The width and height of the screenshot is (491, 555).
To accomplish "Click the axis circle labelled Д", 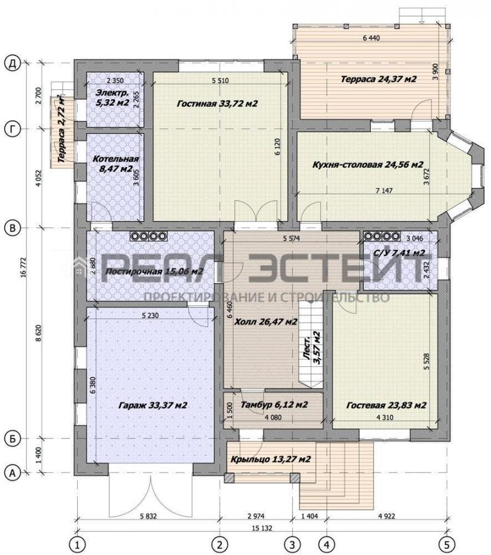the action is (12, 64).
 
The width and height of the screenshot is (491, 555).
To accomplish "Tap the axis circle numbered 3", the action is (292, 544).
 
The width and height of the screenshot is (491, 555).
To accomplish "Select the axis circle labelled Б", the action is (12, 439).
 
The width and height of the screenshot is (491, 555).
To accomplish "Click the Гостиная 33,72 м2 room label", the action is (217, 104).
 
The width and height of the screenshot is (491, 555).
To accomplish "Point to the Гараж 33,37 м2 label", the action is (152, 405).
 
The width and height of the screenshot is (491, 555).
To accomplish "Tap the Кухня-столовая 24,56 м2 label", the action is (368, 165).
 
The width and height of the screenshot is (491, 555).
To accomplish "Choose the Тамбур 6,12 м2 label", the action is (274, 404).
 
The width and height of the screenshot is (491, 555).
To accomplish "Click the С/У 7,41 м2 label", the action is (399, 253).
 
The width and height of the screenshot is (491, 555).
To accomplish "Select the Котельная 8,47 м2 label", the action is (116, 164).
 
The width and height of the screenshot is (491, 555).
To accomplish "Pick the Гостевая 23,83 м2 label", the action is (386, 405).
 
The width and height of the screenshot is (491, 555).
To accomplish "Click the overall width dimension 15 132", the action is (262, 528).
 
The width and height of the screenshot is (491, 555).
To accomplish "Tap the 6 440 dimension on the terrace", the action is (371, 38).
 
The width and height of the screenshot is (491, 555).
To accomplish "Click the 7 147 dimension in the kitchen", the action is (384, 191).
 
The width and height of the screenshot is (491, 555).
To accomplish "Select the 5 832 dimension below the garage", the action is (148, 516).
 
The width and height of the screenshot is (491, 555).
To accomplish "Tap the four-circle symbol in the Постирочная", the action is (148, 236).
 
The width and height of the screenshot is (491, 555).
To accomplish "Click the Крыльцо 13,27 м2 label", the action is (271, 459).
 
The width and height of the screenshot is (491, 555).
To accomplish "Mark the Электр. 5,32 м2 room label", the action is (112, 98).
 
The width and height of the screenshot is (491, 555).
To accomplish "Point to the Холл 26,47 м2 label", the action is (266, 322).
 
